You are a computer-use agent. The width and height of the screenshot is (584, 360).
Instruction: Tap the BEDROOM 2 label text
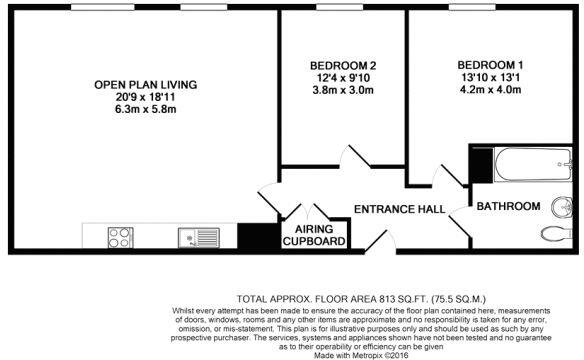tap(343, 67)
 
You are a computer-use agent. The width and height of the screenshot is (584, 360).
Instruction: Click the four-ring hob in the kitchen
tap(121, 238)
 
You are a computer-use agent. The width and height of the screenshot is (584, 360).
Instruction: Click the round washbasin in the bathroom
tap(560, 207)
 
